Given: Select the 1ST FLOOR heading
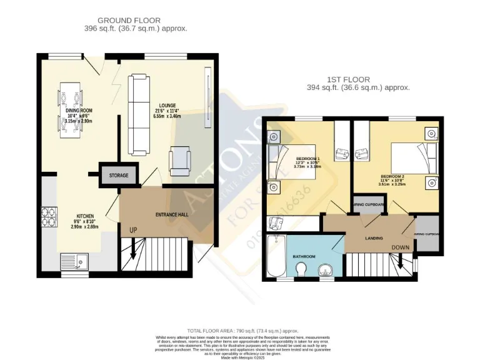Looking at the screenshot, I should (348, 79).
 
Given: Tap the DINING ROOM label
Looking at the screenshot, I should (79, 110).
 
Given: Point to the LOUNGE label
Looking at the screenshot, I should (167, 106).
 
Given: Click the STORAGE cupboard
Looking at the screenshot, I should (118, 175).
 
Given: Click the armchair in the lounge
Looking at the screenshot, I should (182, 160).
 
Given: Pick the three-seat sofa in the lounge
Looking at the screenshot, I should (139, 115).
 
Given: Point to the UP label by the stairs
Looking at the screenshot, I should (133, 230).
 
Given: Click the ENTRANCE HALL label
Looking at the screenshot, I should (171, 214).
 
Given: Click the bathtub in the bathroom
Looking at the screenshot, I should (275, 256).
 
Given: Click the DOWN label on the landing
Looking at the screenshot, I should (401, 247).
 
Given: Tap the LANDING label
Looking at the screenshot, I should (374, 238).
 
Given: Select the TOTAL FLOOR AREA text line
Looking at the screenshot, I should (242, 330).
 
